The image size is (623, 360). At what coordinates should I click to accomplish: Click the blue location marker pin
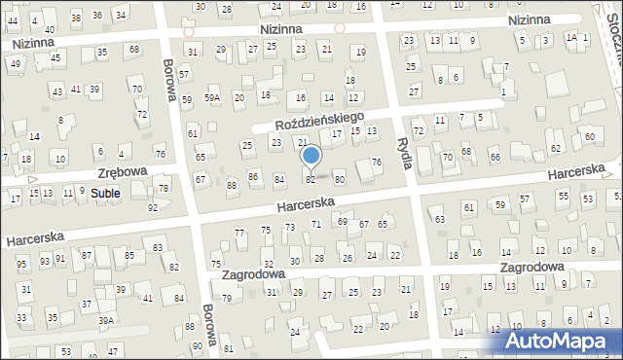[x=311, y=156]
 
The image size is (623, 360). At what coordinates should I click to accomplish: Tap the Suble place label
[x=105, y=194]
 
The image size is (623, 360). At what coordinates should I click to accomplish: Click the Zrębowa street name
[x=122, y=171]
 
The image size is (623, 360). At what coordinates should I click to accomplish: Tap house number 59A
[x=213, y=98]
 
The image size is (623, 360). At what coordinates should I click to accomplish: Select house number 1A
[x=572, y=37]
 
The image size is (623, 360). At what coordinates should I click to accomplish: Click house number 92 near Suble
[x=152, y=208]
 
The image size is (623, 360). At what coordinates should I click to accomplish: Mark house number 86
[x=253, y=176]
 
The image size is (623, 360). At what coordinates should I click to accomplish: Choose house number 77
[x=239, y=233]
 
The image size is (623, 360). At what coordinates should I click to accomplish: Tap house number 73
[x=289, y=227]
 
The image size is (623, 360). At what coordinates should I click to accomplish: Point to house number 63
[x=440, y=220]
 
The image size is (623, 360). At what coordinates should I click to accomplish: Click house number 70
[x=448, y=157]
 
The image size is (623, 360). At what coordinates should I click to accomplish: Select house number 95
[x=21, y=264]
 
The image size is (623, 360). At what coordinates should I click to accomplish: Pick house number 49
[x=15, y=63]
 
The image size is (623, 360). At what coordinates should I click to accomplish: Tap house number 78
[x=164, y=189]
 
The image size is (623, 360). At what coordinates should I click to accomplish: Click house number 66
[x=495, y=158]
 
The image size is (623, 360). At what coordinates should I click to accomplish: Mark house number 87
[x=87, y=255]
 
